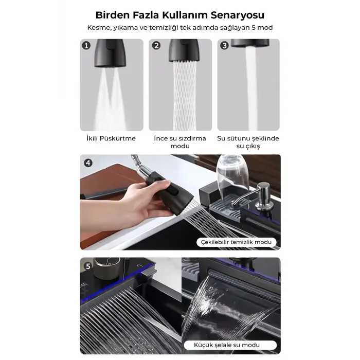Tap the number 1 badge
click(87, 46)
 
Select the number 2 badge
click(156, 46)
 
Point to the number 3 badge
click(224, 46)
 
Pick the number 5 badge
click(88, 266)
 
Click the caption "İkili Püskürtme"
click(112, 139)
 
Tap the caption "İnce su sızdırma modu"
click(180, 142)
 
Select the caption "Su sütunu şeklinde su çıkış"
click(248, 142)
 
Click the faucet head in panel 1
click(111, 53)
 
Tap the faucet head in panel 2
click(181, 50)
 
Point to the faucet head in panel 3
click(249, 44)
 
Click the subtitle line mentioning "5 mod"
click(180, 27)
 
